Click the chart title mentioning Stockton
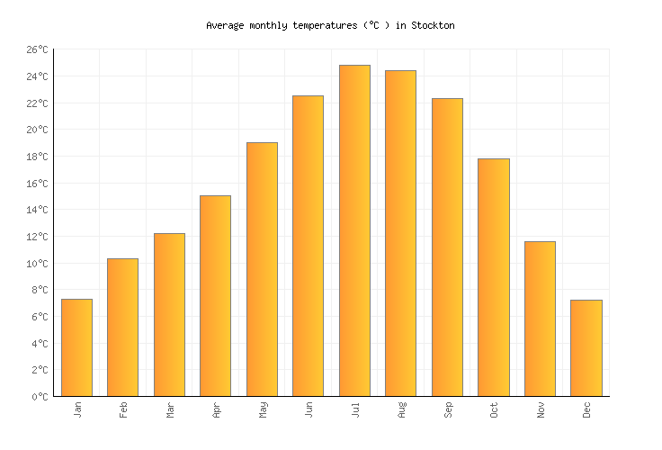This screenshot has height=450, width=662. (x=330, y=25)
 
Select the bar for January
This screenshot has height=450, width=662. (x=76, y=347)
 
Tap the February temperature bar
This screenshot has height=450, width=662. (x=122, y=328)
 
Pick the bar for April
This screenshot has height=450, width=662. (x=215, y=296)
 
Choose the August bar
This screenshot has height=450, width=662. (x=400, y=233)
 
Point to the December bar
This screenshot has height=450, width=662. (x=586, y=348)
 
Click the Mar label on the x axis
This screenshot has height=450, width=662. (x=169, y=409)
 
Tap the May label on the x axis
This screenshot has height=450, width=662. (x=262, y=409)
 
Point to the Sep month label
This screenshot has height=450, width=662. (x=447, y=409)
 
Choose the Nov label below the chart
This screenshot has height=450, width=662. (x=540, y=409)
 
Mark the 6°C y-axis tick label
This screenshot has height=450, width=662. (x=40, y=317)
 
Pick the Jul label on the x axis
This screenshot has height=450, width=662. (x=354, y=409)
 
